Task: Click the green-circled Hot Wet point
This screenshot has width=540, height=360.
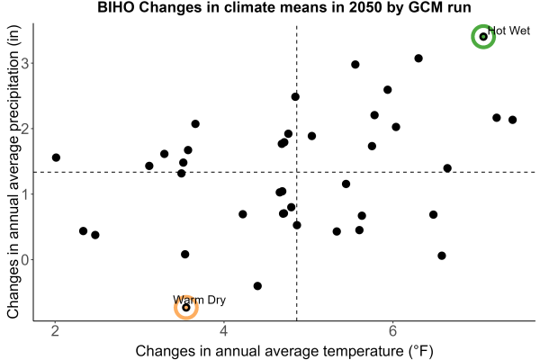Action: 483,37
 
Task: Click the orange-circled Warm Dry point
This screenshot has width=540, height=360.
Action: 186,307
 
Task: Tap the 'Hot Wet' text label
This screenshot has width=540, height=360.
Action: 508,31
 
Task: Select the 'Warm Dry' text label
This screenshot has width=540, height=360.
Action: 199,300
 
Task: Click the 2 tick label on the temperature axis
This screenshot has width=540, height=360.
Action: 55,331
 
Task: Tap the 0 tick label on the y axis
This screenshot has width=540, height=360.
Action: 25,259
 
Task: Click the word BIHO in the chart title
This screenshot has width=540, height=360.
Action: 116,7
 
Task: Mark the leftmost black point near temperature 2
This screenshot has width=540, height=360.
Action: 56,157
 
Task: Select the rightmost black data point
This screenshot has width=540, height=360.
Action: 512,120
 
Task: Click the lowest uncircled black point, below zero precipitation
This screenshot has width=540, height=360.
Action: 257,286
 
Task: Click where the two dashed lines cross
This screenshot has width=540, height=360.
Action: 296,172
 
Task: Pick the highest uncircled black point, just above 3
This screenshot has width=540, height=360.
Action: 418,58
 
